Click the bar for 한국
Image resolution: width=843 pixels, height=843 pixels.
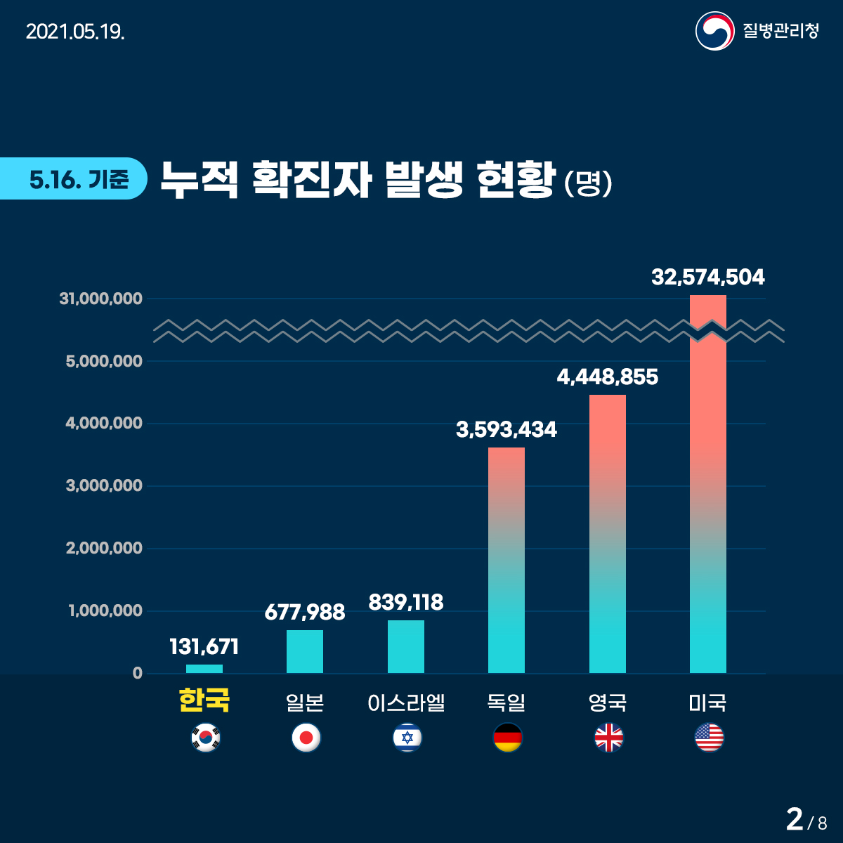pyautogui.click(x=204, y=669)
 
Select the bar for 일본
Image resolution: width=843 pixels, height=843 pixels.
pyautogui.click(x=305, y=652)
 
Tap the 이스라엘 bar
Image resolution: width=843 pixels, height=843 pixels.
pyautogui.click(x=406, y=647)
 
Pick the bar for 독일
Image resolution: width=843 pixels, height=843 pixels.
pyautogui.click(x=507, y=561)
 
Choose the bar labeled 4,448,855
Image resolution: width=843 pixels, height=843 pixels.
pyautogui.click(x=608, y=534)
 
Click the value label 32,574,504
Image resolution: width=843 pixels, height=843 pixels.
pyautogui.click(x=708, y=277)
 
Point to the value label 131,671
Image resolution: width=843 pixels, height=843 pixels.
pyautogui.click(x=204, y=646)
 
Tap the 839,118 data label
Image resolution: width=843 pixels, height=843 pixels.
pyautogui.click(x=406, y=602)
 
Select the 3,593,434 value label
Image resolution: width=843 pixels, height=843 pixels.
pyautogui.click(x=507, y=429)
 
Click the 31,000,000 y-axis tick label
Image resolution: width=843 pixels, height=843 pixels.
pyautogui.click(x=101, y=299)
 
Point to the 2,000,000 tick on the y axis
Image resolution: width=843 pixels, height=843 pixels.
pyautogui.click(x=104, y=548)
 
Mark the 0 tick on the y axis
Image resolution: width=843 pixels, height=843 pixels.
pyautogui.click(x=138, y=673)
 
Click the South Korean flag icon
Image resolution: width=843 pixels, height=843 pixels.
pyautogui.click(x=205, y=738)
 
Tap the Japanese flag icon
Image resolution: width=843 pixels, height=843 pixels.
pyautogui.click(x=306, y=738)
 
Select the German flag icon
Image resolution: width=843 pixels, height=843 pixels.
pyautogui.click(x=507, y=738)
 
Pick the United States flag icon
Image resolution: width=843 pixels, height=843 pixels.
pyautogui.click(x=709, y=738)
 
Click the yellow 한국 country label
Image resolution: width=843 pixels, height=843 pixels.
pyautogui.click(x=204, y=701)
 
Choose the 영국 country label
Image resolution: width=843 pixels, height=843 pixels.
pyautogui.click(x=608, y=702)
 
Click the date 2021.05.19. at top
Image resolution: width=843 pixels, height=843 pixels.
pyautogui.click(x=75, y=32)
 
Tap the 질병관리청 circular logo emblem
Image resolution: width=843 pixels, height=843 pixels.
pyautogui.click(x=714, y=31)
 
